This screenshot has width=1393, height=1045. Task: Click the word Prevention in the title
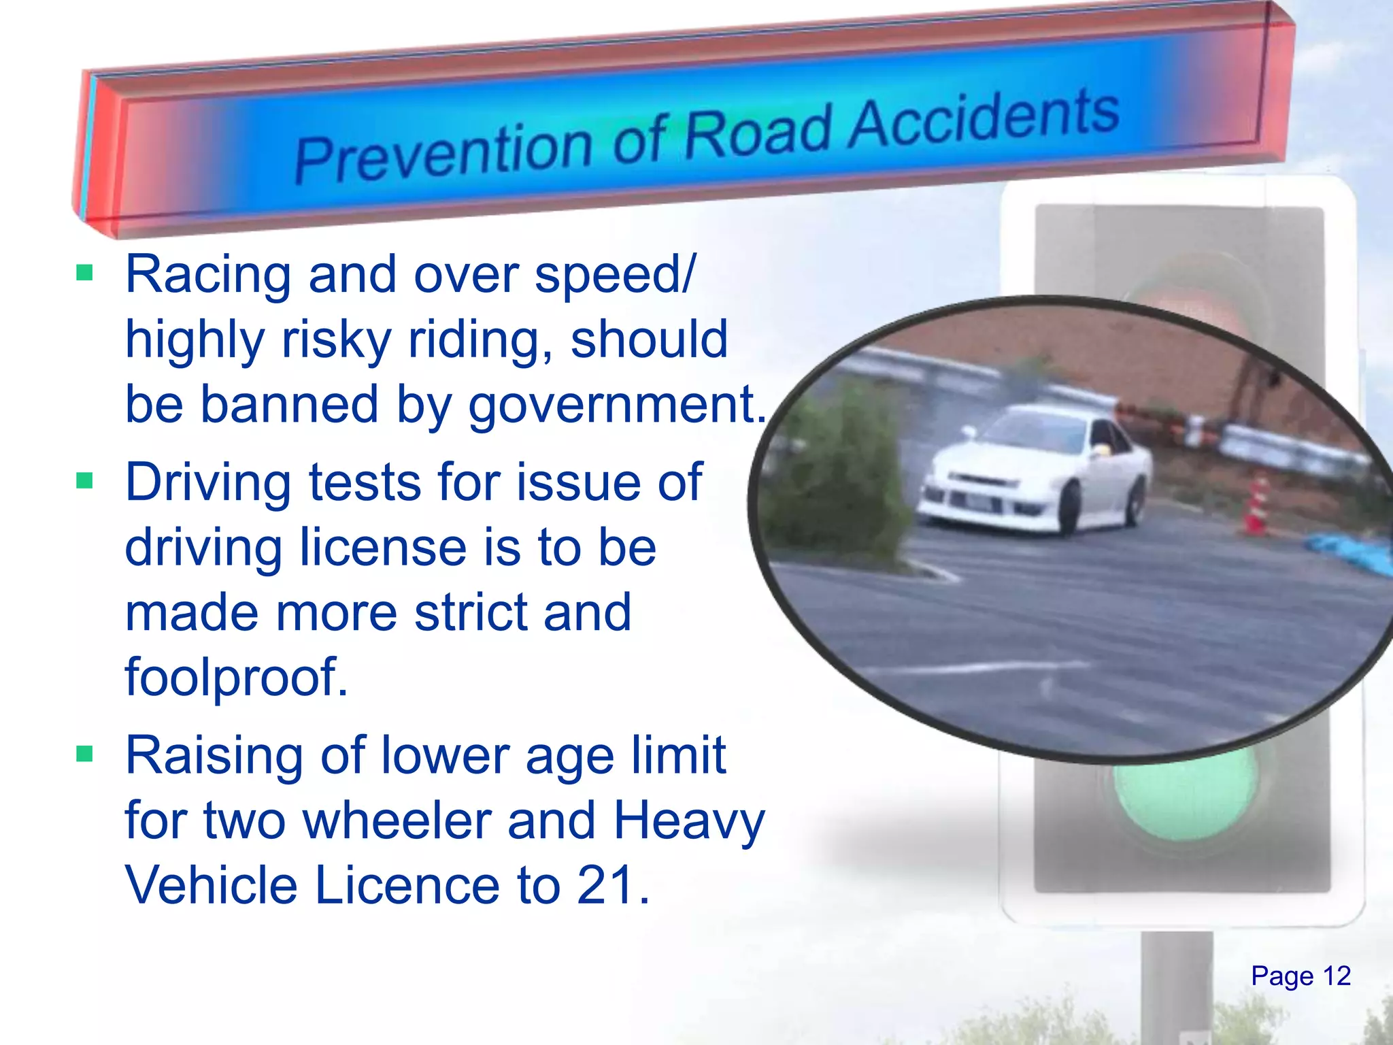(442, 153)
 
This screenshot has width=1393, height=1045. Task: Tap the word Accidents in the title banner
(984, 119)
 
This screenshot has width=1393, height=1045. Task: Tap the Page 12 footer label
(1300, 976)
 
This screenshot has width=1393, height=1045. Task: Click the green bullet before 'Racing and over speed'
(84, 273)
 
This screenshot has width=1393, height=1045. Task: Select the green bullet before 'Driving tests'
(84, 482)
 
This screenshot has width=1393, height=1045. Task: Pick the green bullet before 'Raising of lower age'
(84, 754)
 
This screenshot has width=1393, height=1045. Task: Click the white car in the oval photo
(1034, 469)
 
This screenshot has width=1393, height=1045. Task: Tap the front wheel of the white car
(1069, 510)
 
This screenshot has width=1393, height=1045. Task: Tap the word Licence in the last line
(407, 885)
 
